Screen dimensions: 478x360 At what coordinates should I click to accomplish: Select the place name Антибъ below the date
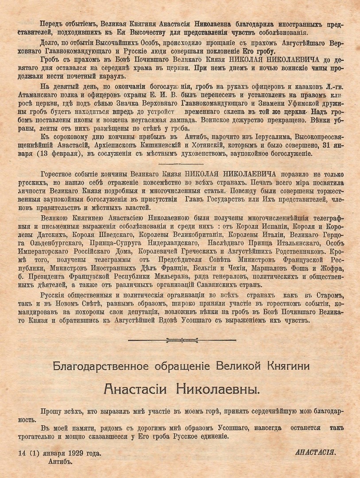pos(60,460)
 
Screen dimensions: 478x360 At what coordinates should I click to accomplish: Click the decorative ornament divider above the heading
pos(180,340)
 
